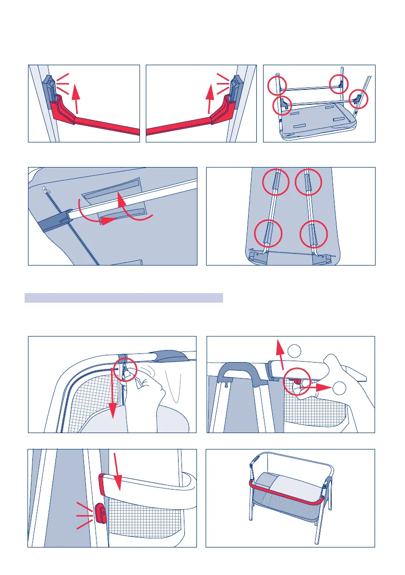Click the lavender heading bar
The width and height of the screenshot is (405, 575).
point(124,297)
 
